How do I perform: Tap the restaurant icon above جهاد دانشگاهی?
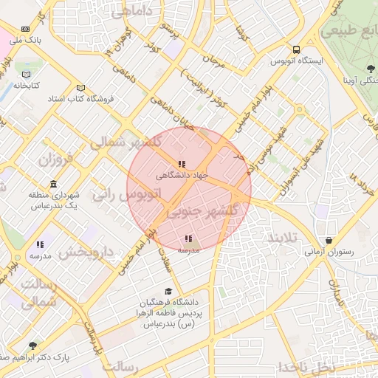[x=182, y=165]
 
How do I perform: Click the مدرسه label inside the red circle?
[x=188, y=250]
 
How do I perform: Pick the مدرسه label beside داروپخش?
[x=40, y=255]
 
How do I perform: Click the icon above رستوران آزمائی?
[x=329, y=240]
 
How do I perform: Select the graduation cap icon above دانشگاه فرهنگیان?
[x=168, y=292]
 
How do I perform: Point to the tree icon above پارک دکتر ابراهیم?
[x=32, y=345]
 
